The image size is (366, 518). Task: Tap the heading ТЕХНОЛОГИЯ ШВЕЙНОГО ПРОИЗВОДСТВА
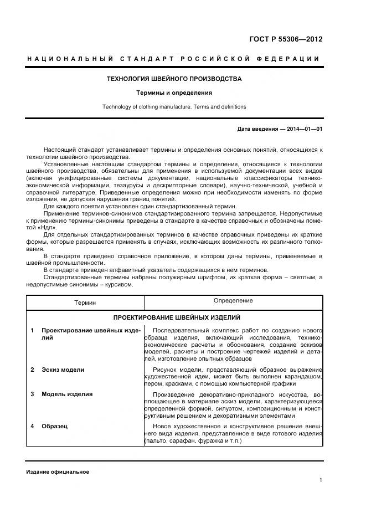tap(174, 79)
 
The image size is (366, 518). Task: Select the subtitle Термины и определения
tap(174, 93)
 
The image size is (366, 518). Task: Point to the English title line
tap(174, 107)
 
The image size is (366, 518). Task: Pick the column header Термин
tap(85, 302)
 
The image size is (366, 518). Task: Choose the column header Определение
tap(233, 301)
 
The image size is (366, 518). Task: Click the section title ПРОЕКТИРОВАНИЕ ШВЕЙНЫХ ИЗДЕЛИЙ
tap(176, 318)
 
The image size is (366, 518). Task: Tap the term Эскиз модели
tap(63, 370)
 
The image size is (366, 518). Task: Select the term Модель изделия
tap(67, 394)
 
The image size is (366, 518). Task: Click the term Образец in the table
tap(54, 426)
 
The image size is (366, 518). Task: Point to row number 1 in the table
tap(32, 330)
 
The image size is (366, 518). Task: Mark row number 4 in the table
tap(32, 426)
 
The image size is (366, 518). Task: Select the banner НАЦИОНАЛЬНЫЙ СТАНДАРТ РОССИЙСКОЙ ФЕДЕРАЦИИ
tap(174, 59)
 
